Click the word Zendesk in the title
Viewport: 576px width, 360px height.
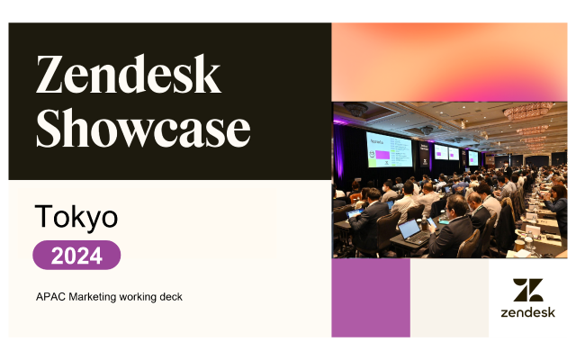128,74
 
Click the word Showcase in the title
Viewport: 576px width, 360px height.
143,128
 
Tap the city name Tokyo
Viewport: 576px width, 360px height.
76,217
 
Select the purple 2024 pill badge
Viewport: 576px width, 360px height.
76,255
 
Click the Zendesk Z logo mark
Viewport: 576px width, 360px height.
528,290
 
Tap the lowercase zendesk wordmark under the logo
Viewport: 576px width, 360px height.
528,312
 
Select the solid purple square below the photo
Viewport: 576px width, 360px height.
371,298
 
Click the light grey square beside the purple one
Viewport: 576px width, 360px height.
450,298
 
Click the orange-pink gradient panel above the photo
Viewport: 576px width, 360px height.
449,62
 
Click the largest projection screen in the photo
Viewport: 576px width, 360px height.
389,150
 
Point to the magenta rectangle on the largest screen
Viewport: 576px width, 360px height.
382,155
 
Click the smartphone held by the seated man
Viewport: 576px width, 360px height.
432,222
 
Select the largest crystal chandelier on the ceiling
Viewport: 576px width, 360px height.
528,111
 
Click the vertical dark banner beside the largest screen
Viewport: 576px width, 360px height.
424,154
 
